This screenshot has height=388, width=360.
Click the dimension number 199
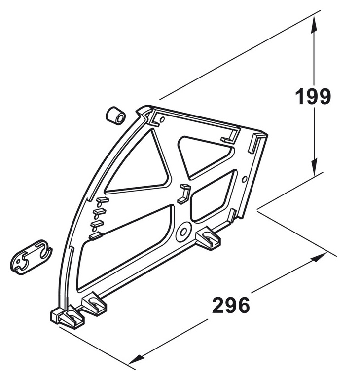click(313, 96)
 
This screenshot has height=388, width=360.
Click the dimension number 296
click(231, 305)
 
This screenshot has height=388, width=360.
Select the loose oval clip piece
click(31, 256)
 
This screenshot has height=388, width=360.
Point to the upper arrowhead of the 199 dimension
click(314, 24)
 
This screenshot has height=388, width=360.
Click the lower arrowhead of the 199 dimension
click(314, 167)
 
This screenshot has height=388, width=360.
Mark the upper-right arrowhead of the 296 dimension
click(319, 257)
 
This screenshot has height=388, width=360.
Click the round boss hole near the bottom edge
click(184, 232)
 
